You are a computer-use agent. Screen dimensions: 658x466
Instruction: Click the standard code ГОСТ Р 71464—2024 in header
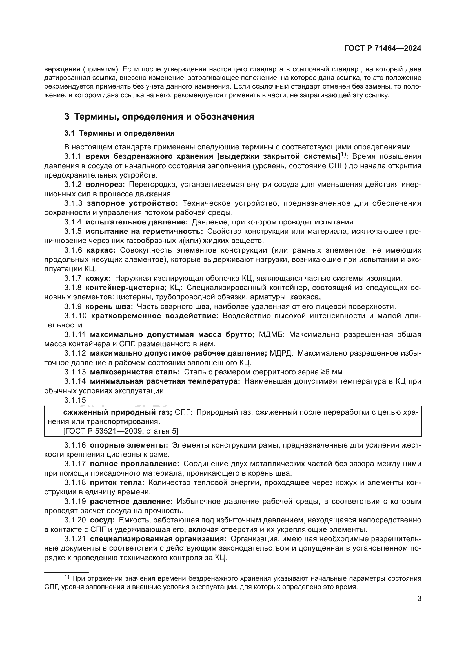pyautogui.click(x=383, y=48)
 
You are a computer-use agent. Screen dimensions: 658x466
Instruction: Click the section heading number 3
pyautogui.click(x=66, y=117)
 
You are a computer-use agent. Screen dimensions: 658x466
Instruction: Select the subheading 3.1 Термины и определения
pyautogui.click(x=119, y=133)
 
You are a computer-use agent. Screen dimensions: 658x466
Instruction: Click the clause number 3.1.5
pyautogui.click(x=73, y=231)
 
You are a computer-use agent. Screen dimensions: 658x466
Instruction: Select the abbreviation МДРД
pyautogui.click(x=281, y=353)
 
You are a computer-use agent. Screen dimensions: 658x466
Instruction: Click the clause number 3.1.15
pyautogui.click(x=75, y=400)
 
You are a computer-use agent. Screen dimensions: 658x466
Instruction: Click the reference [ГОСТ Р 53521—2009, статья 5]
pyautogui.click(x=121, y=431)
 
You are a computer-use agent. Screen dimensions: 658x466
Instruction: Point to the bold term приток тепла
pyautogui.click(x=117, y=483)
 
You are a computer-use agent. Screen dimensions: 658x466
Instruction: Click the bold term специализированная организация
pyautogui.click(x=158, y=539)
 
